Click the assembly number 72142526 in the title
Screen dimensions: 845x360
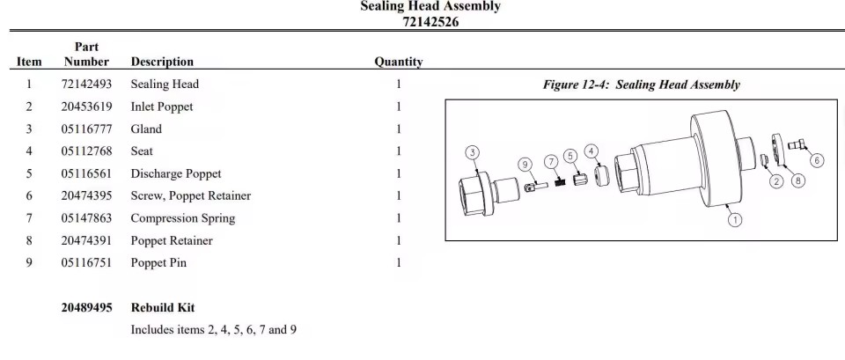click(x=430, y=22)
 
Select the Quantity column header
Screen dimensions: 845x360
click(x=398, y=62)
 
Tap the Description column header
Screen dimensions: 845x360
click(x=162, y=62)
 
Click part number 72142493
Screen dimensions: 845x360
click(x=87, y=84)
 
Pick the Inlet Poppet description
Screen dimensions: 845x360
click(x=162, y=107)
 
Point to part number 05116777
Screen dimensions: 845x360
click(x=87, y=129)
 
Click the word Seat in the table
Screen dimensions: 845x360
click(x=142, y=151)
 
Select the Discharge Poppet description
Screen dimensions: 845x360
click(x=176, y=174)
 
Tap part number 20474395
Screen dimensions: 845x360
click(x=87, y=195)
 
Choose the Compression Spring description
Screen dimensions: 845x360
click(x=183, y=218)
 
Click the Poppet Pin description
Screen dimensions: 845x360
click(x=158, y=263)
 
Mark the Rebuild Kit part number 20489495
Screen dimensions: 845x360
click(x=87, y=308)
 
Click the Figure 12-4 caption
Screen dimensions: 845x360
click(x=642, y=84)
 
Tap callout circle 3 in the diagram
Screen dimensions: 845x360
click(x=472, y=152)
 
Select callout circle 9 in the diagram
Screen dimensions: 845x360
click(x=525, y=165)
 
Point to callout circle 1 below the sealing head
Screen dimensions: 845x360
click(x=735, y=219)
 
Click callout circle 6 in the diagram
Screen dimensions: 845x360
click(x=817, y=160)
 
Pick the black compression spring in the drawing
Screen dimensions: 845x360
click(x=561, y=182)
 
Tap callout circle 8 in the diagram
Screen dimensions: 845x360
click(x=797, y=180)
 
